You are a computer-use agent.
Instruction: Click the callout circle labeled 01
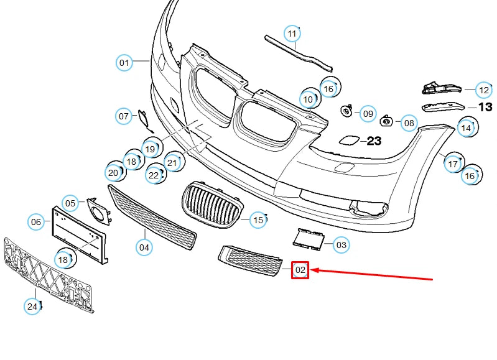[124, 62]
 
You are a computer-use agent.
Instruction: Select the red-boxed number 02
[300, 270]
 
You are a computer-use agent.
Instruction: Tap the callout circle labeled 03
[341, 245]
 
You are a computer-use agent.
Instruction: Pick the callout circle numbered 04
[144, 247]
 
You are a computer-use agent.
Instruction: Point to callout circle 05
[71, 203]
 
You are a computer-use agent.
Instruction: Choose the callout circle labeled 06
[36, 221]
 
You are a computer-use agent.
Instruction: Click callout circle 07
[124, 116]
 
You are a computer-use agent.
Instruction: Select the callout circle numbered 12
[483, 90]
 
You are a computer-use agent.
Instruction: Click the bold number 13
[485, 107]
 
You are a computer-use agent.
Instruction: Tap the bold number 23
[373, 141]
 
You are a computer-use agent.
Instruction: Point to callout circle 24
[32, 306]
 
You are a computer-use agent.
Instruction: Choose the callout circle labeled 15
[258, 219]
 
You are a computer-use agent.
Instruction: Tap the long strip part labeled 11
[299, 52]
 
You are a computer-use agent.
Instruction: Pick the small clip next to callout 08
[386, 120]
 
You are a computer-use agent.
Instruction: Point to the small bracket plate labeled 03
[309, 238]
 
